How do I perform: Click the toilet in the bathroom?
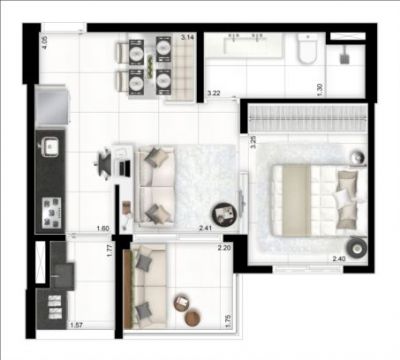pos(307,50)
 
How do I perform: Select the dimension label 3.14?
pos(186,37)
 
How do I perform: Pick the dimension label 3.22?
pos(213,93)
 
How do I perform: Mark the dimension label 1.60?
pos(102,228)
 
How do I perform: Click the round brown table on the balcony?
pos(183,302)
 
